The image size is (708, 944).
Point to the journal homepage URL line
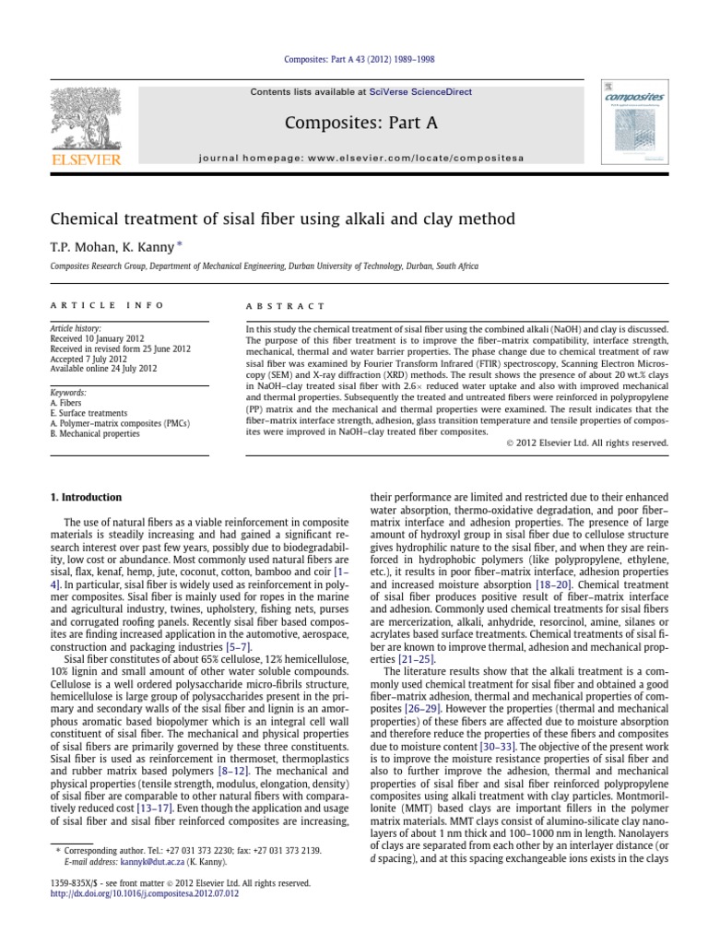[x=360, y=158]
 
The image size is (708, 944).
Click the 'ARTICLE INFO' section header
[x=107, y=305]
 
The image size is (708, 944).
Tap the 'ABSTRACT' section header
[x=285, y=305]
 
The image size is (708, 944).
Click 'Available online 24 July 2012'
[x=104, y=369]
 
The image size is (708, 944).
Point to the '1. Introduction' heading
[x=85, y=498]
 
